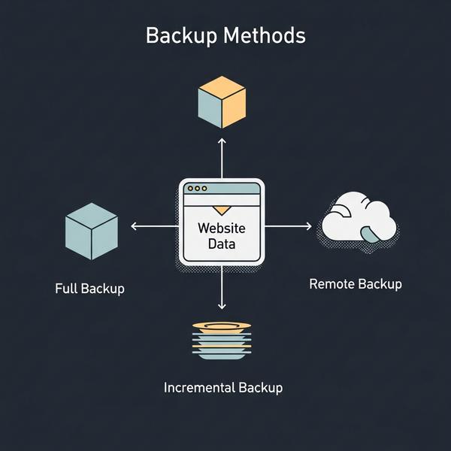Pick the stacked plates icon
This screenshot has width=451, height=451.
tap(221, 339)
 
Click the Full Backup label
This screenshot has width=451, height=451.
tap(89, 288)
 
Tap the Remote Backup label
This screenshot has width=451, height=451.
tap(356, 284)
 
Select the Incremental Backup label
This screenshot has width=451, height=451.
tap(223, 388)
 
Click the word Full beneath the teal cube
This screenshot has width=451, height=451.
tap(65, 288)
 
